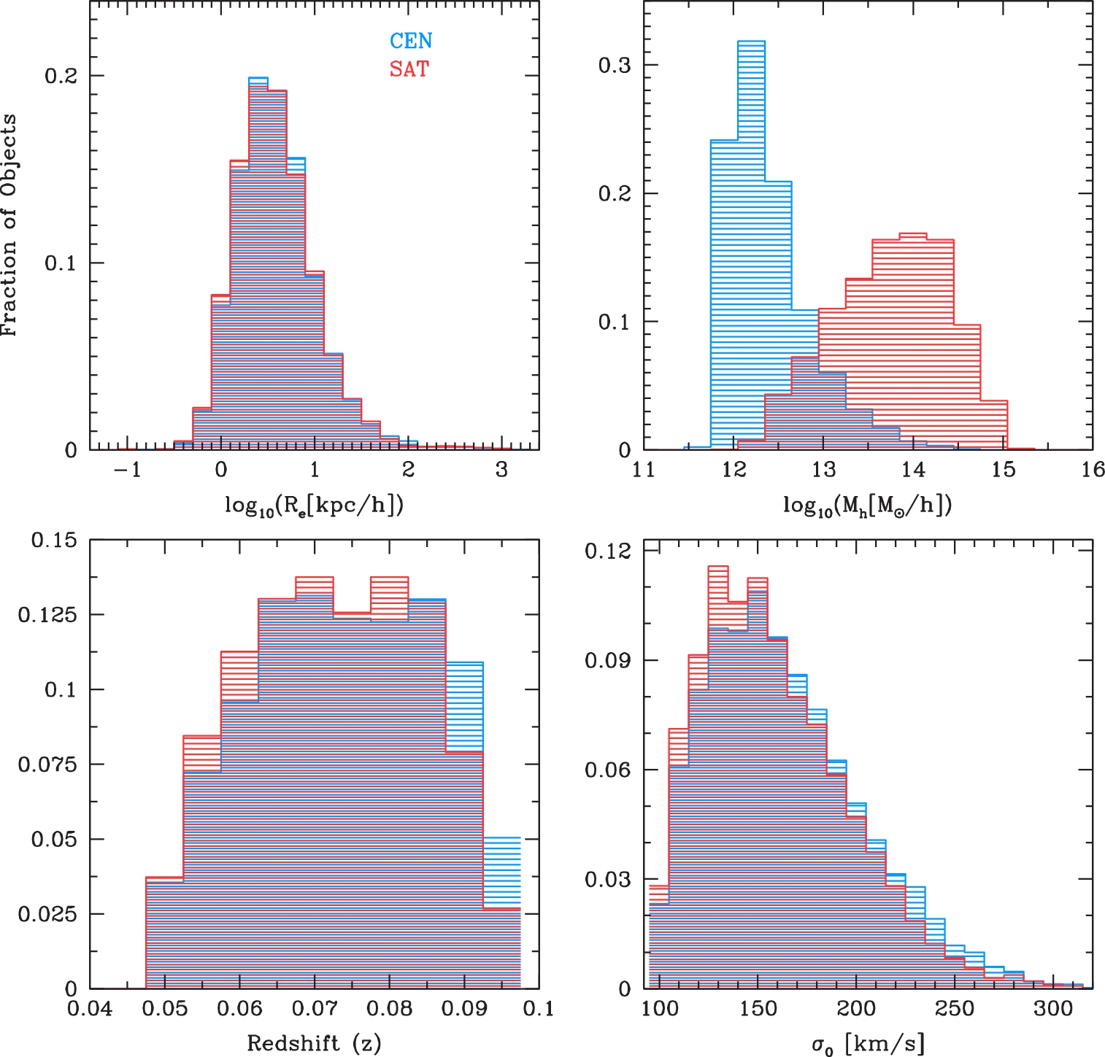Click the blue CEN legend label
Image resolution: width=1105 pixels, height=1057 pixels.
point(411,41)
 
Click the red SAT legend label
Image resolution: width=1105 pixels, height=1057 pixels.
point(409,69)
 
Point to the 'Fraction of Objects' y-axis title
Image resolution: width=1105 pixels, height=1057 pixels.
point(9,225)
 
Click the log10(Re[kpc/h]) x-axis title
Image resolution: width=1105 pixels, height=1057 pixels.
point(314,506)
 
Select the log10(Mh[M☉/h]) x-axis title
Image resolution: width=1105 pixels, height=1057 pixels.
point(868,506)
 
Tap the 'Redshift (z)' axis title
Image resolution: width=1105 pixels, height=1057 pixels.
point(314,1042)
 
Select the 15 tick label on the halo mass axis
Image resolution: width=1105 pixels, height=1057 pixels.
point(1003,470)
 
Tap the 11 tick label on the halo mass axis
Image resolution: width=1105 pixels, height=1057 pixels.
point(644,470)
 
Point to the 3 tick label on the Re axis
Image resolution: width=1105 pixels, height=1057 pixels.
point(501,470)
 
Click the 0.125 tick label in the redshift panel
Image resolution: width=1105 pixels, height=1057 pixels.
point(47,615)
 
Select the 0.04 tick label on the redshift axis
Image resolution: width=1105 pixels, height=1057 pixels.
point(90,1009)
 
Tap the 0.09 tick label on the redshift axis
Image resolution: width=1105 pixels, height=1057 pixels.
point(464,1009)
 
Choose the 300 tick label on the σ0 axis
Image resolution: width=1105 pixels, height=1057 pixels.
point(1052,1009)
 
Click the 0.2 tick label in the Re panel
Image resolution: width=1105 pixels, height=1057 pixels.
point(61,76)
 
